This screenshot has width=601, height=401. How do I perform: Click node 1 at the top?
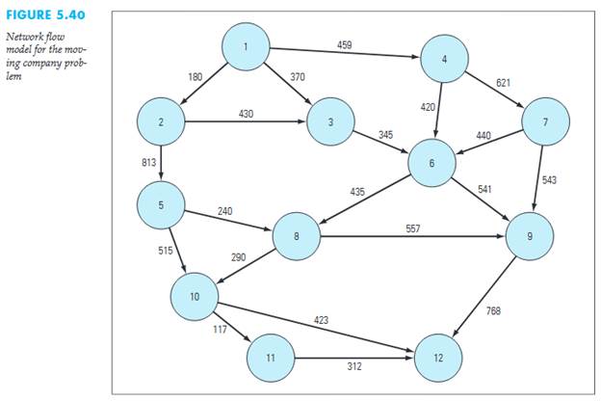[x=246, y=46]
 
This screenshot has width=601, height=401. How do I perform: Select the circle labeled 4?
[x=444, y=60]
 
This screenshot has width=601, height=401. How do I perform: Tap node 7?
[x=545, y=122]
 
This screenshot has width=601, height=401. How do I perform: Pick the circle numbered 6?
[x=431, y=163]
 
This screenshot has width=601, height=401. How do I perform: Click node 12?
[x=438, y=358]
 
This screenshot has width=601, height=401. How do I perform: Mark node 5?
[x=162, y=205]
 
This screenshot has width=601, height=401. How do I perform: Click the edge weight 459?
[x=345, y=44]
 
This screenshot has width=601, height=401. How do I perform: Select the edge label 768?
[x=493, y=310]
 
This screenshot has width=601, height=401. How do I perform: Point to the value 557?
[x=412, y=228]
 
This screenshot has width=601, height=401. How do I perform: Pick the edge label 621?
[x=504, y=83]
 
